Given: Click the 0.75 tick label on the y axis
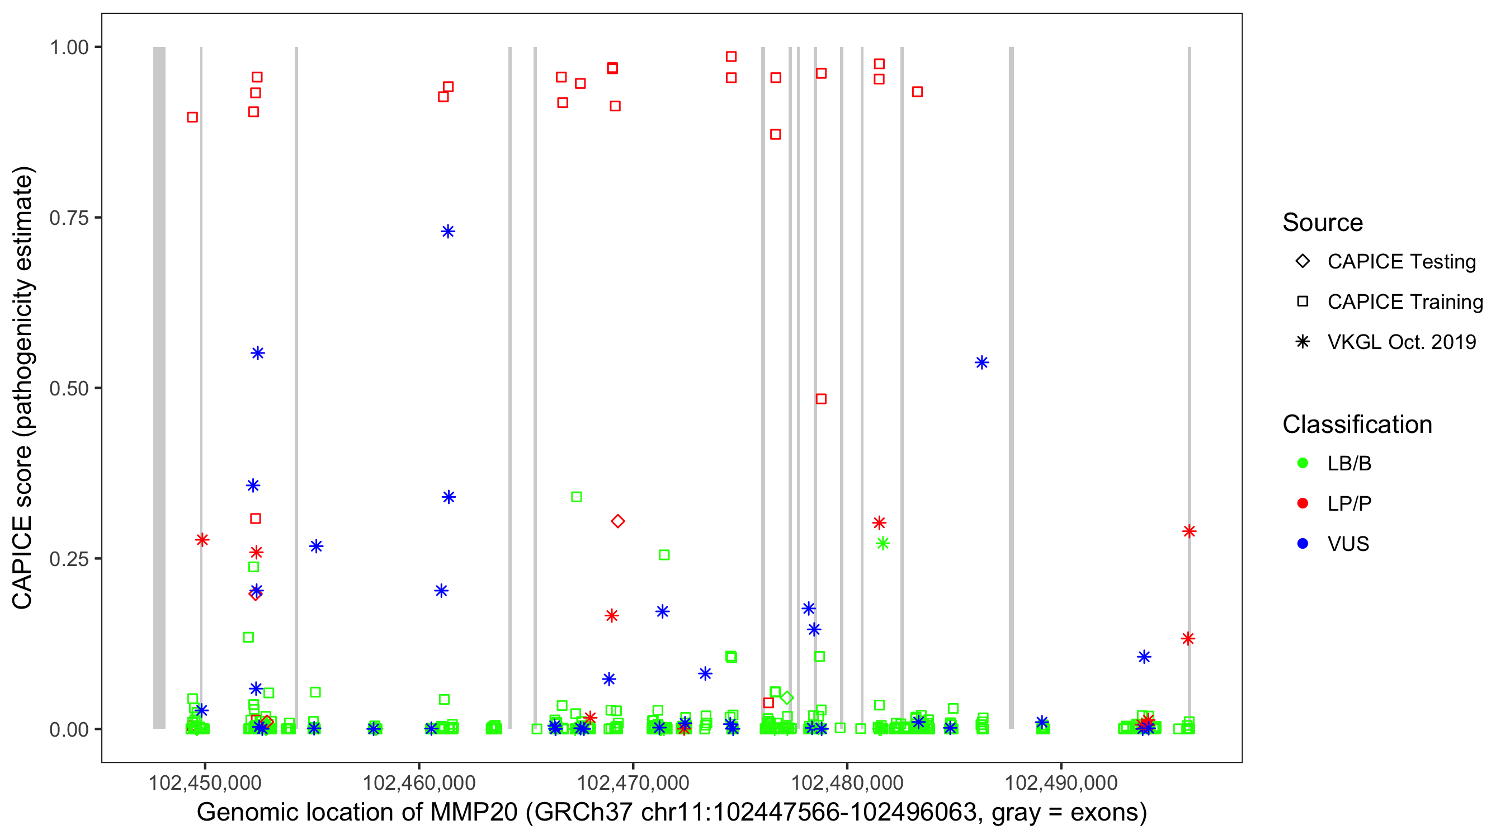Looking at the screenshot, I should point(68,218).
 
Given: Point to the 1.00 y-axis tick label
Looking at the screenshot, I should point(68,48).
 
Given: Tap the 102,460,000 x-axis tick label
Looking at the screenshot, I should point(418,783).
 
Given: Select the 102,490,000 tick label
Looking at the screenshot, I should point(1061,783).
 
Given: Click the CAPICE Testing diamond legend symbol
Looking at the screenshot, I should point(1303,261).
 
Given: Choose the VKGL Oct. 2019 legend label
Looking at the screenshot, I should point(1402,342).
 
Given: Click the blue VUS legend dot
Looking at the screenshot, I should point(1303,544).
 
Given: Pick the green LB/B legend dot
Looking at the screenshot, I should point(1303,463).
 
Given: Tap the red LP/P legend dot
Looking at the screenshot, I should point(1303,503).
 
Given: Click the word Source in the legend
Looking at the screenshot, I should point(1323,223).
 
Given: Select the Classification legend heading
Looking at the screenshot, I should point(1357,425).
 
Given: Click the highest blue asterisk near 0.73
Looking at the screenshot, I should point(448,232).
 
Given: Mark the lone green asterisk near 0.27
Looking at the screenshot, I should point(883,544).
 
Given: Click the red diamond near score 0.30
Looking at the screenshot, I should point(617,521).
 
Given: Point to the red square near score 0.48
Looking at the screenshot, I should point(821,399).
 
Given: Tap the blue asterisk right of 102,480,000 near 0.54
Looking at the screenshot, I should point(982,363).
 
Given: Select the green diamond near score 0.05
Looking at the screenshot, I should point(787,697).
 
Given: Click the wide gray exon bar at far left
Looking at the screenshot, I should point(159,387).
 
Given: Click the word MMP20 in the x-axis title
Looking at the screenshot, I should point(474,813).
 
